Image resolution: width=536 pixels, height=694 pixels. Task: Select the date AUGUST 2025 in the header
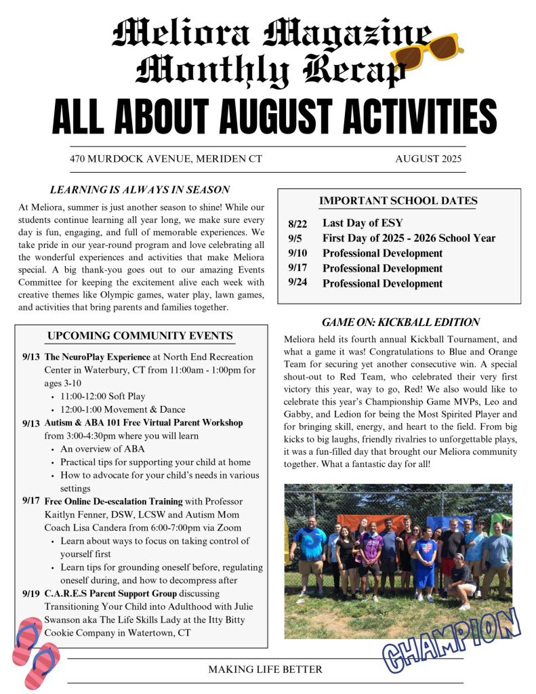[x=428, y=159]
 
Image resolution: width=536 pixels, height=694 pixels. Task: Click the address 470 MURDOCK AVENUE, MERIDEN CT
[x=166, y=159]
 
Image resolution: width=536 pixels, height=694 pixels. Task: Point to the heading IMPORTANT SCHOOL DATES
[x=398, y=201]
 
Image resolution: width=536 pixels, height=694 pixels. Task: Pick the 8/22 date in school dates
[x=297, y=222]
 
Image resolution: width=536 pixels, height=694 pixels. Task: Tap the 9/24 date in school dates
[x=297, y=283]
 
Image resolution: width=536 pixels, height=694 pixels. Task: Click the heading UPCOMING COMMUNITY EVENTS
[x=140, y=336]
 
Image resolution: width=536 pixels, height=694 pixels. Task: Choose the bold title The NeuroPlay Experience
[x=98, y=356]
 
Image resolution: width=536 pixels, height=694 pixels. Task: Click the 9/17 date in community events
[x=30, y=501]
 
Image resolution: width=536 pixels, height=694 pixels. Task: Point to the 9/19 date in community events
[x=30, y=593]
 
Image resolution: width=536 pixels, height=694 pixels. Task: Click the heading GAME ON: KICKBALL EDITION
[x=400, y=322]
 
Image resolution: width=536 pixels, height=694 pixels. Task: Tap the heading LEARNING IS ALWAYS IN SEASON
[x=140, y=190]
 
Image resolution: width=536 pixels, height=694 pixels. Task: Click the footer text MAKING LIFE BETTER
[x=265, y=670]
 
